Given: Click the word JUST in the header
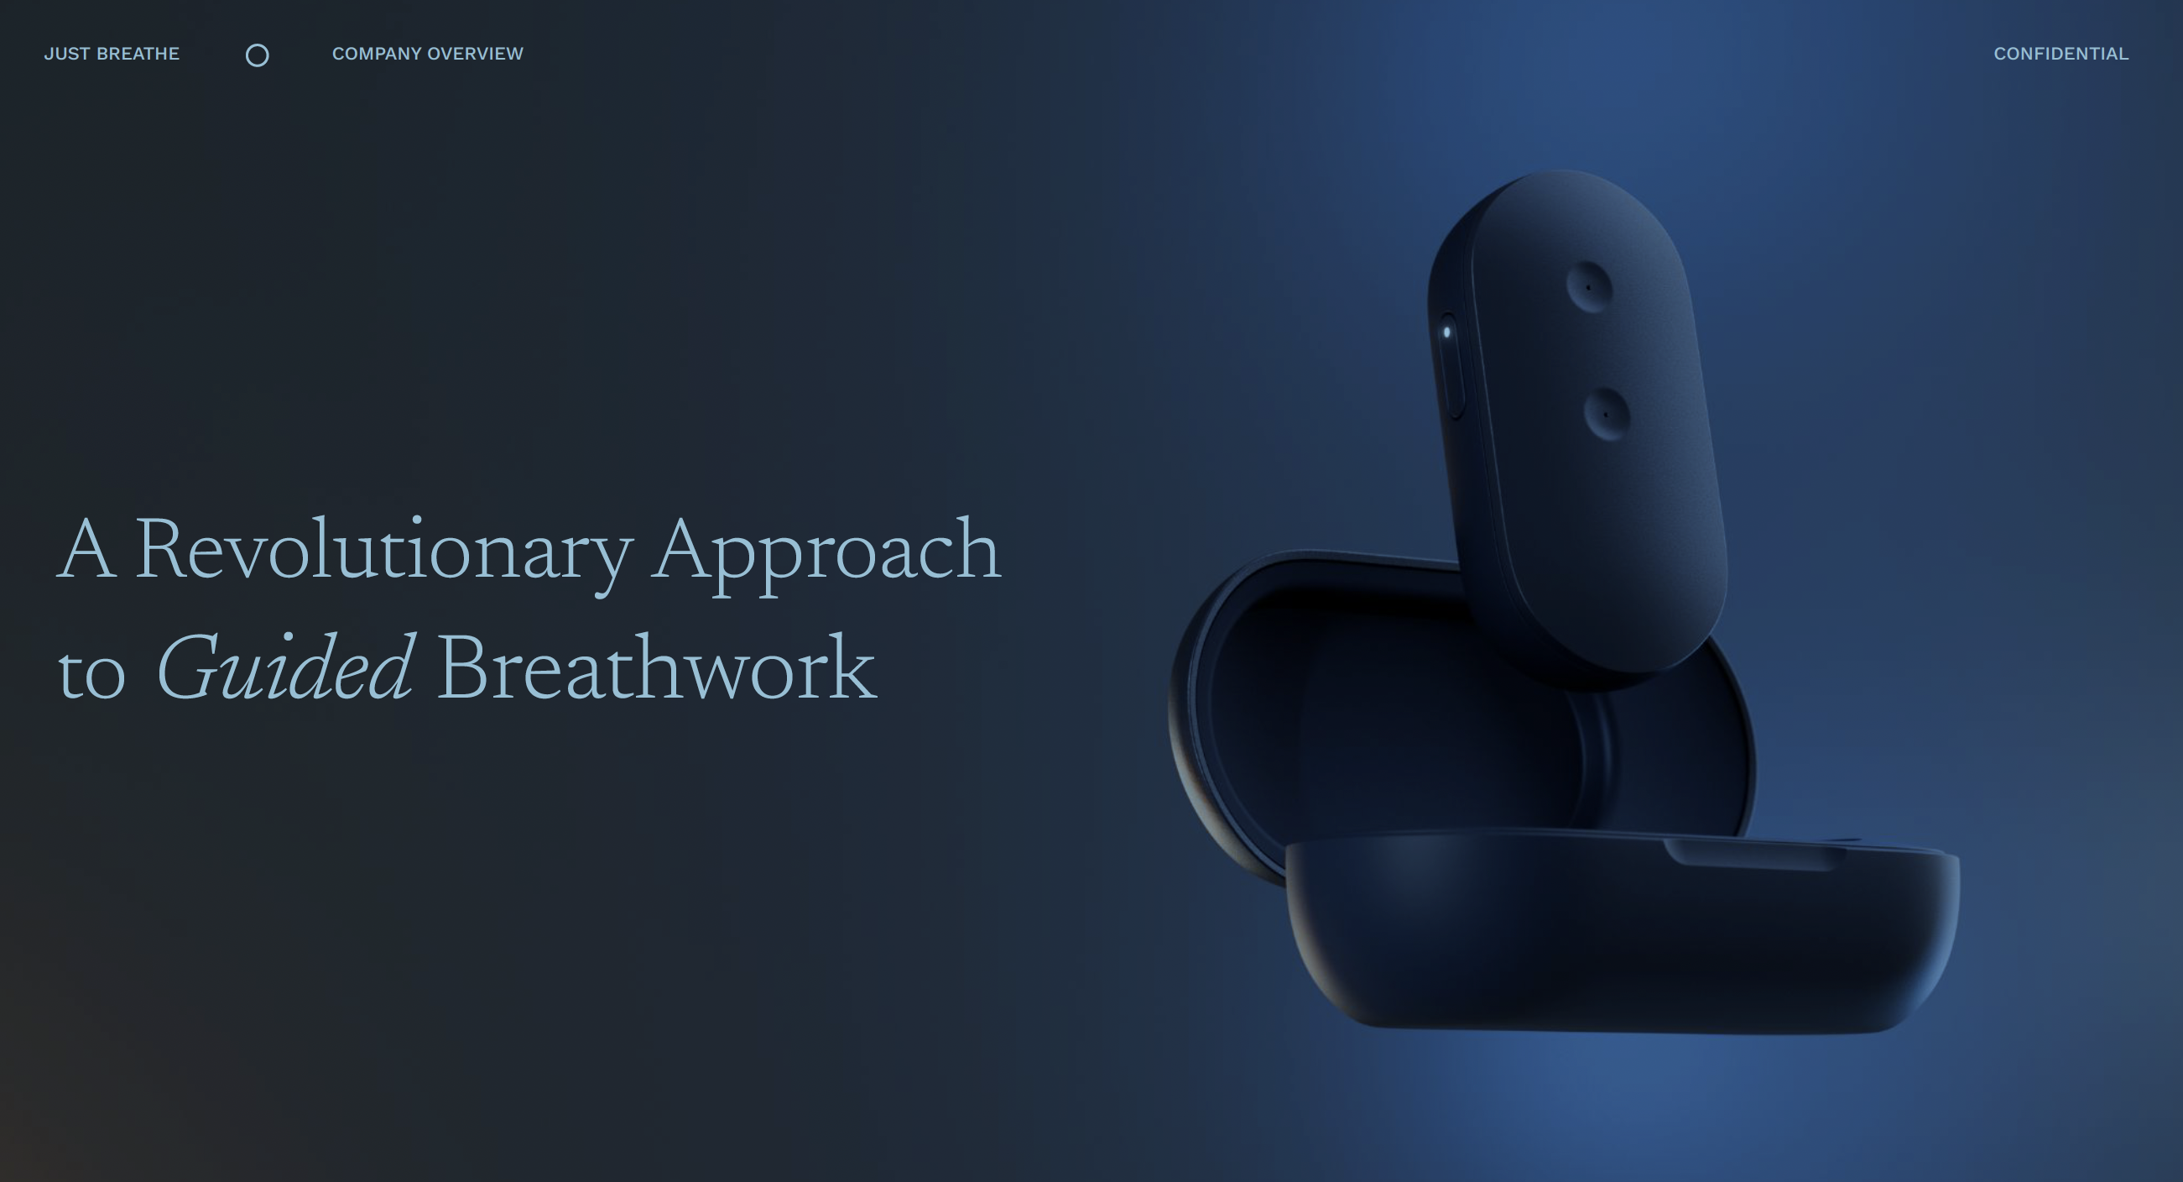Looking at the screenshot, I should pyautogui.click(x=66, y=55).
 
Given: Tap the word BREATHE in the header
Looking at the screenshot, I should pyautogui.click(x=138, y=55).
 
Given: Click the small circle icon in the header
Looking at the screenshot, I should pyautogui.click(x=257, y=56).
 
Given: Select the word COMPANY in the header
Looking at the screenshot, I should pyautogui.click(x=376, y=55).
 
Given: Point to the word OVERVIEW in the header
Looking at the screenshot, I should pyautogui.click(x=476, y=55).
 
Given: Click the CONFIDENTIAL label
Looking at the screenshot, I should pyautogui.click(x=2061, y=55).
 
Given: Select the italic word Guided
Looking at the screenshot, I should pyautogui.click(x=284, y=670).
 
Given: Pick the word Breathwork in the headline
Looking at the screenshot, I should pyautogui.click(x=656, y=670).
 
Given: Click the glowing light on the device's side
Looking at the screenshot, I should pyautogui.click(x=1446, y=332).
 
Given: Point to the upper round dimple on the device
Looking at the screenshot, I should pyautogui.click(x=1588, y=286).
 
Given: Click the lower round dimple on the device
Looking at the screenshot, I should pyautogui.click(x=1606, y=414).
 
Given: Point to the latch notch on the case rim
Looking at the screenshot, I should pyautogui.click(x=1754, y=853).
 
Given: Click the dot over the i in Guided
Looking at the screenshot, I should pyautogui.click(x=285, y=637).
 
